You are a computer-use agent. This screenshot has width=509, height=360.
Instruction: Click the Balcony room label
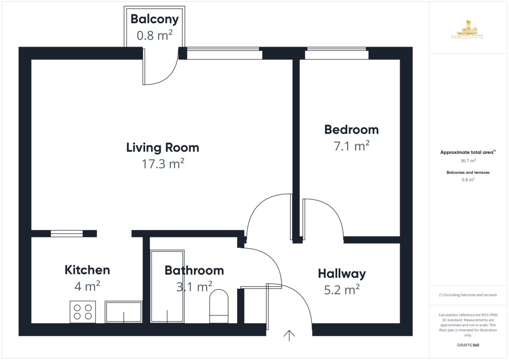(x=154, y=20)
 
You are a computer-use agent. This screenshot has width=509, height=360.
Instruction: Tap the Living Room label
(x=163, y=148)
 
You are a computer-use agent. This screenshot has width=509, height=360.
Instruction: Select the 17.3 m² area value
(x=163, y=164)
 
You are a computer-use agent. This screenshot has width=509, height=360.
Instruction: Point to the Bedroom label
(x=352, y=130)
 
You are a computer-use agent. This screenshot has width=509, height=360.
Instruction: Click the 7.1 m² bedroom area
(x=352, y=145)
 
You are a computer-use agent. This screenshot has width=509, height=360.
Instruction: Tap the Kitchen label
(x=87, y=270)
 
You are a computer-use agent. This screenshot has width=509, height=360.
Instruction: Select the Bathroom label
(x=194, y=270)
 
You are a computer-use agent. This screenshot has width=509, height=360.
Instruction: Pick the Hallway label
(x=342, y=274)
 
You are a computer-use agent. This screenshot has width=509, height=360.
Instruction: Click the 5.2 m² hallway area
(x=342, y=290)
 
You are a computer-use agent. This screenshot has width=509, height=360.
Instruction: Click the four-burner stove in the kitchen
(x=83, y=312)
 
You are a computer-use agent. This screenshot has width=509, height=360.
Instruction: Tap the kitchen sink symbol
(x=123, y=312)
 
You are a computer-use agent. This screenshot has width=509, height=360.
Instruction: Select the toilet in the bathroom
(x=219, y=306)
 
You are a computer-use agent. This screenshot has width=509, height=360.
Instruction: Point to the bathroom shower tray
(x=167, y=286)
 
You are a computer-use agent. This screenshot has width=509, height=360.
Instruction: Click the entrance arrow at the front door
(x=289, y=335)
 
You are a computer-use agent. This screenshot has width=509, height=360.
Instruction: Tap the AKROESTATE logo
(x=467, y=30)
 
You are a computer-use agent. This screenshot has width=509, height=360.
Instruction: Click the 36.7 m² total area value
(x=468, y=161)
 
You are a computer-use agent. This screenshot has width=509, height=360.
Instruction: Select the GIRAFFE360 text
(x=468, y=345)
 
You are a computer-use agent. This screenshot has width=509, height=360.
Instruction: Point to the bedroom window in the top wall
(x=336, y=53)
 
